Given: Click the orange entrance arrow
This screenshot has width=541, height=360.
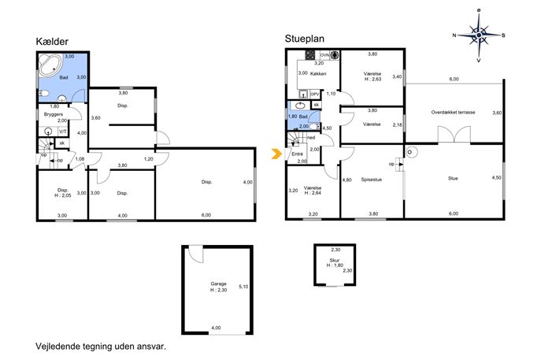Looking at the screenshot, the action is pyautogui.click(x=276, y=154).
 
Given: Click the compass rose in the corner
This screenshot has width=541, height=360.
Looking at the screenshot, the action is pyautogui.click(x=479, y=35).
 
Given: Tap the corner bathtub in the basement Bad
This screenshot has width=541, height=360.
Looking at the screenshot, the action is pyautogui.click(x=50, y=65).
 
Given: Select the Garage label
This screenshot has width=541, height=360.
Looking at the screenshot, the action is pyautogui.click(x=218, y=284).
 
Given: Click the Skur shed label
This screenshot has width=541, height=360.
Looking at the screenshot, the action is pyautogui.click(x=335, y=260).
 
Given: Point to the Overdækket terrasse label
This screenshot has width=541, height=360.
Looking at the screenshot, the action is pyautogui.click(x=453, y=112).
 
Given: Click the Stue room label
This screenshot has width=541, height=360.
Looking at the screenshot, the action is pyautogui.click(x=453, y=179).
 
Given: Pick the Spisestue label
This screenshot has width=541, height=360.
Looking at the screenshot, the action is pyautogui.click(x=371, y=180).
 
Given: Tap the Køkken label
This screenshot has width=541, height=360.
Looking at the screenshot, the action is pyautogui.click(x=318, y=73).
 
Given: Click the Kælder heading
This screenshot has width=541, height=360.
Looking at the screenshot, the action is pyautogui.click(x=52, y=42).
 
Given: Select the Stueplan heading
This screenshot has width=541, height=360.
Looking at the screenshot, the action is pyautogui.click(x=304, y=39).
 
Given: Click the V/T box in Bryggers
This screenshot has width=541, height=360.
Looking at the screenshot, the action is pyautogui.click(x=63, y=132).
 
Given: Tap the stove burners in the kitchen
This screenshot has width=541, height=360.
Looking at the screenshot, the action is pyautogui.click(x=309, y=55).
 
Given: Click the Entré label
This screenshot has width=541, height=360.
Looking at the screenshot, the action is pyautogui.click(x=298, y=154).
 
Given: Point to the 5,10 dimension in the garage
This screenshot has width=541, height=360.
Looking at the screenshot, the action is pyautogui.click(x=243, y=287).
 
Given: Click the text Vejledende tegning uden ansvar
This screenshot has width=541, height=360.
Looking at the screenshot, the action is pyautogui.click(x=101, y=346).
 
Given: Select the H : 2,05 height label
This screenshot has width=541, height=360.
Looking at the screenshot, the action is pyautogui.click(x=63, y=195).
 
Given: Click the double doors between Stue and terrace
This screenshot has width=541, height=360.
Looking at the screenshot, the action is pyautogui.click(x=454, y=135).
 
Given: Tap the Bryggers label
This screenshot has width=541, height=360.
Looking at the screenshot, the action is pyautogui.click(x=53, y=114).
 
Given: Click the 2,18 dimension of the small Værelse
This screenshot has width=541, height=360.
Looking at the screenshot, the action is pyautogui.click(x=397, y=125).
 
